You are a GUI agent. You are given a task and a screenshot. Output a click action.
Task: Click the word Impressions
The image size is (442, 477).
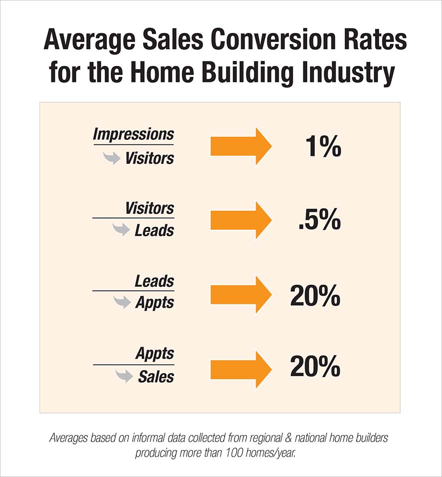pyautogui.click(x=133, y=135)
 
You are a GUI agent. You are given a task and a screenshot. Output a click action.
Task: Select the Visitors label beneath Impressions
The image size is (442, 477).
pyautogui.click(x=150, y=158)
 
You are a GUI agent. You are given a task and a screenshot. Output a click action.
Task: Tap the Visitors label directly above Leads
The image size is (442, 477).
pyautogui.click(x=150, y=208)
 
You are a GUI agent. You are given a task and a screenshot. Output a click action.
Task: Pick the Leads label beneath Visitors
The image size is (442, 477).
pyautogui.click(x=154, y=231)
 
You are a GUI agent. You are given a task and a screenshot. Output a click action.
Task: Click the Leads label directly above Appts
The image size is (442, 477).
pyautogui.click(x=154, y=281)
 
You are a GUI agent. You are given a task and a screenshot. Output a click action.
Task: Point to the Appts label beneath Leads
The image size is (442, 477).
pyautogui.click(x=154, y=303)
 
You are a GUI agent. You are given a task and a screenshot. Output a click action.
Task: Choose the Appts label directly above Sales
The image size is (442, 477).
pyautogui.click(x=155, y=354)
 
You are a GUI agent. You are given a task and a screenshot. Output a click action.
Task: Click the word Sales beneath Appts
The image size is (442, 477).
pyautogui.click(x=156, y=376)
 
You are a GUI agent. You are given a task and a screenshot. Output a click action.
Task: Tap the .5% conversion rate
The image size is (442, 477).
pyautogui.click(x=319, y=220)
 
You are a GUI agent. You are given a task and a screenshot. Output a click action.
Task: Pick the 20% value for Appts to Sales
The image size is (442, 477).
pyautogui.click(x=315, y=369)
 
